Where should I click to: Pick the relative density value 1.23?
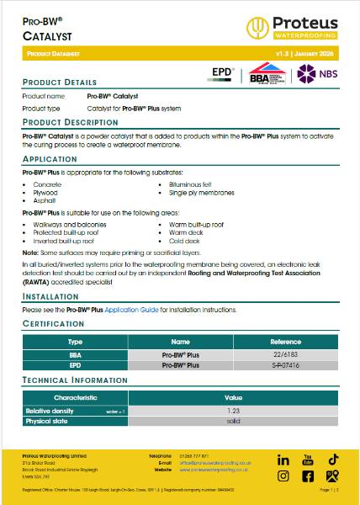click(233, 409)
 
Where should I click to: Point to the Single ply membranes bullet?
click(193, 192)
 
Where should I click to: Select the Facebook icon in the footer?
click(308, 476)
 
